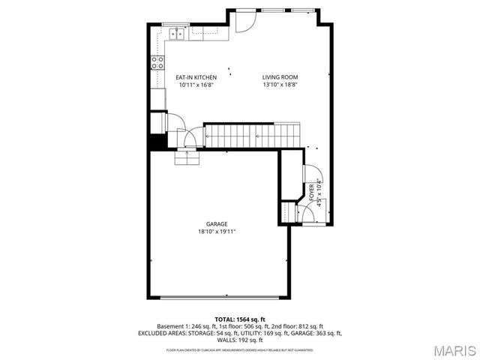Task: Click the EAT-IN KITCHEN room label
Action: [x=196, y=77]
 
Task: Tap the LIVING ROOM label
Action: [x=280, y=77]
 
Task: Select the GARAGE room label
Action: [x=217, y=223]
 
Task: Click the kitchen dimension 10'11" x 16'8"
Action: [x=196, y=85]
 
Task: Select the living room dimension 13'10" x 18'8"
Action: [x=280, y=85]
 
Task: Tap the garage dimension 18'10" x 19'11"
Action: [x=217, y=232]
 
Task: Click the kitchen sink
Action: [x=178, y=32]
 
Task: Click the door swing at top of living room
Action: [x=243, y=22]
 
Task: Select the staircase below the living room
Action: [x=253, y=136]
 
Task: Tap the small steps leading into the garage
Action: [x=186, y=157]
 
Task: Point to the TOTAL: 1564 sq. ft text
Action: [x=239, y=319]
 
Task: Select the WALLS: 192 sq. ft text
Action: [x=239, y=339]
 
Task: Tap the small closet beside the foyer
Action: [x=289, y=211]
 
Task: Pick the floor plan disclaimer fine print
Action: [x=239, y=349]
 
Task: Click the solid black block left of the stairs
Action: [x=157, y=142]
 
